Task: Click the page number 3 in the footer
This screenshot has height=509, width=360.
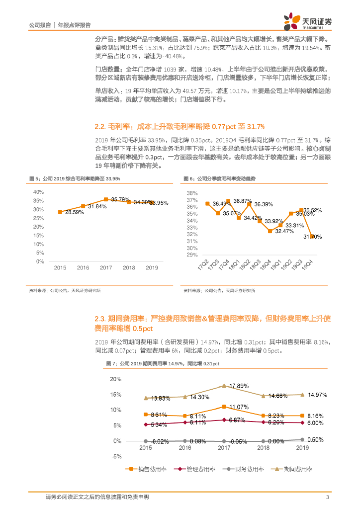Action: click(x=327, y=497)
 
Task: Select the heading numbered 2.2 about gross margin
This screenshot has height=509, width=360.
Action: click(x=180, y=126)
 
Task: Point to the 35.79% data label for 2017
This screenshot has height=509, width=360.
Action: click(x=121, y=199)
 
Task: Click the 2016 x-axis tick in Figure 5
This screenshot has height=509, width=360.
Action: click(x=83, y=268)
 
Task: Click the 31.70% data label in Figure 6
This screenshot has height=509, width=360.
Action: click(x=312, y=237)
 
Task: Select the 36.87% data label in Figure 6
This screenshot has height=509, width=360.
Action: click(x=243, y=201)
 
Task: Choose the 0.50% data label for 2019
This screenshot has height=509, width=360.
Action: click(x=315, y=439)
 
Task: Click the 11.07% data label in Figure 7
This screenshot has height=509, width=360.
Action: click(x=239, y=407)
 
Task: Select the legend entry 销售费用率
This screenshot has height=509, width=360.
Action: click(x=149, y=469)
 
